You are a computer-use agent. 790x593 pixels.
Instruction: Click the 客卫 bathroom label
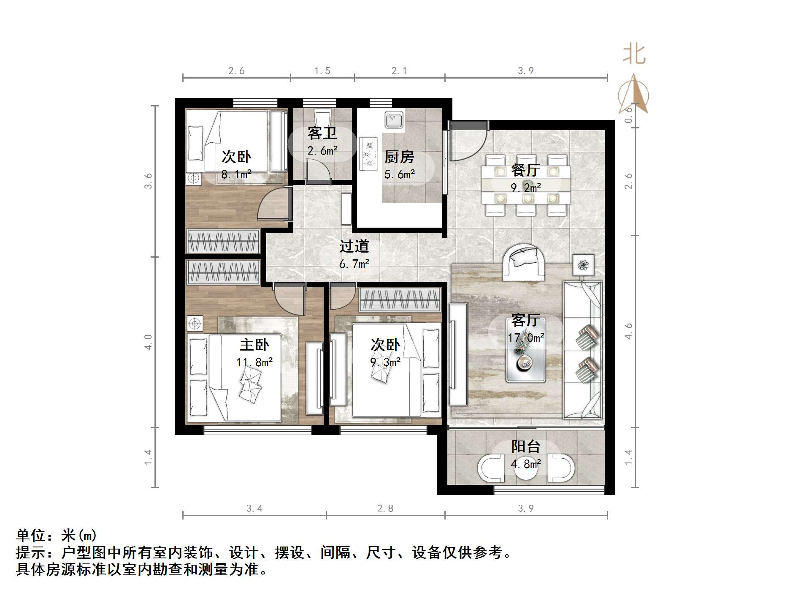(x=322, y=133)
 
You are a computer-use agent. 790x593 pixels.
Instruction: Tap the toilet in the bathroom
(x=323, y=116)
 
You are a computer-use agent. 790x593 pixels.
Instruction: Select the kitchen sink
(x=394, y=120)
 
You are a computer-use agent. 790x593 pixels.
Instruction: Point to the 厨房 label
(x=399, y=157)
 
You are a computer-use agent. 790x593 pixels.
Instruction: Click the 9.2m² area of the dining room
(x=526, y=187)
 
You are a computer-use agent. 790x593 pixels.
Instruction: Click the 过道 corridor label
(x=354, y=246)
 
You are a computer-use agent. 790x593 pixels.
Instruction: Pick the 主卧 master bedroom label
(x=254, y=345)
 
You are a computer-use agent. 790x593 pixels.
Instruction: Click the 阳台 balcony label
(x=526, y=446)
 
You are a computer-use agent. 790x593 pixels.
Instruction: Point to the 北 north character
(x=634, y=55)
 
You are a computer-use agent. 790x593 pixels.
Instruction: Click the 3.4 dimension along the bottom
(x=254, y=509)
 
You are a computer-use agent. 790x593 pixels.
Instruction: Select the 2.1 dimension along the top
(x=399, y=71)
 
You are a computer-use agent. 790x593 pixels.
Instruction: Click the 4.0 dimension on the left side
(x=148, y=342)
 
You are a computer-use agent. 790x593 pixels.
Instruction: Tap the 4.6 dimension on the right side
(x=629, y=331)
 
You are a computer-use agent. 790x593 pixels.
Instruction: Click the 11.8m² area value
(x=254, y=362)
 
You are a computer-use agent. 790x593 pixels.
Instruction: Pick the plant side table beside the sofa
(x=583, y=265)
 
